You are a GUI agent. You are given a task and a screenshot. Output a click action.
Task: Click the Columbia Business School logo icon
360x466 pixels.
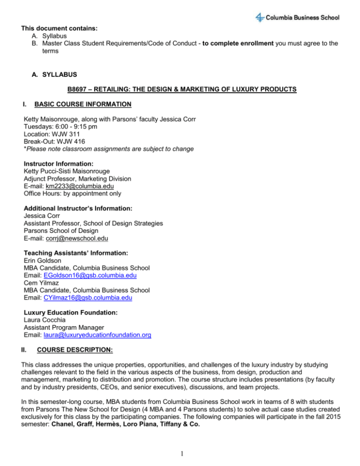pos(259,18)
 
